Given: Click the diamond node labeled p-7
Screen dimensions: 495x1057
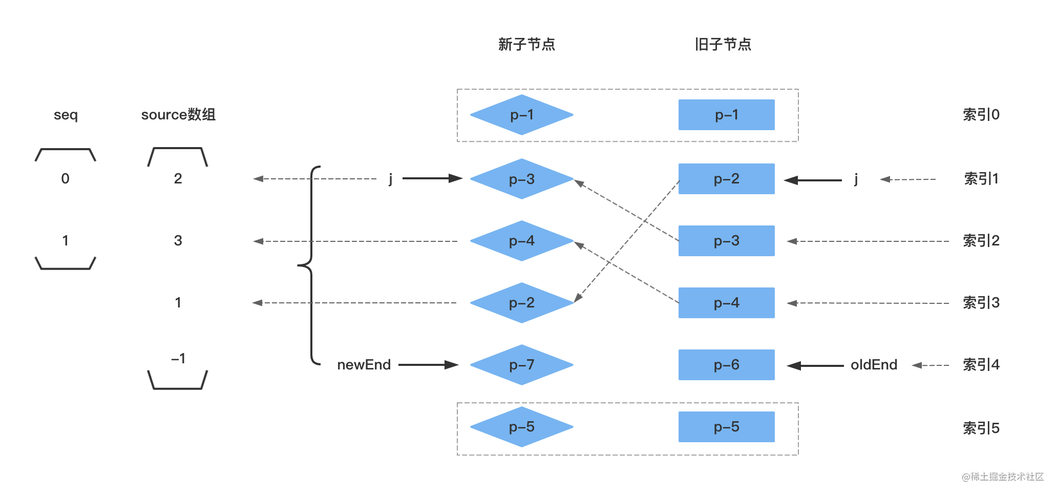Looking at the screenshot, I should pyautogui.click(x=521, y=365).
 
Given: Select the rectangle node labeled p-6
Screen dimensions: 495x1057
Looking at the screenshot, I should pyautogui.click(x=726, y=365).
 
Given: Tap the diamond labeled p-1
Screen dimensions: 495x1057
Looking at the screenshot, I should pyautogui.click(x=521, y=115).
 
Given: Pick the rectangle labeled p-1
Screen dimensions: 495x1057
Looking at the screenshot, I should pyautogui.click(x=726, y=115).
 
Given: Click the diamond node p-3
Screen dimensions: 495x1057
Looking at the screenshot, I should pyautogui.click(x=521, y=179).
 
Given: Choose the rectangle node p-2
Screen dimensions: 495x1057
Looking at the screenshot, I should pyautogui.click(x=726, y=179).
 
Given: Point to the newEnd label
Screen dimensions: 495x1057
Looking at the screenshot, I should pyautogui.click(x=364, y=365).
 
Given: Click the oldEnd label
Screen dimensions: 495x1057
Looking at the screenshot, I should pyautogui.click(x=874, y=365).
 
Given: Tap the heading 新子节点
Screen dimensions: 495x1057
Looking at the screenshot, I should pyautogui.click(x=526, y=45).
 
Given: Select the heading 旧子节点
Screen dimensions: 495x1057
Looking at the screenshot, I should pyautogui.click(x=723, y=45).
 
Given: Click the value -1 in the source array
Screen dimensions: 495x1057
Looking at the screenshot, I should pyautogui.click(x=178, y=359).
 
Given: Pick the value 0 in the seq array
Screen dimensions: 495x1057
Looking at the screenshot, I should pyautogui.click(x=65, y=179).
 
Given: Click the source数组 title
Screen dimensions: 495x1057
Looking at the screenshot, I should pyautogui.click(x=178, y=115).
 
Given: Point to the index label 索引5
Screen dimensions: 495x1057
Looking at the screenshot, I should pyautogui.click(x=981, y=428).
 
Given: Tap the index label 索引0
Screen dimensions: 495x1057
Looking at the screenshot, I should pyautogui.click(x=981, y=115).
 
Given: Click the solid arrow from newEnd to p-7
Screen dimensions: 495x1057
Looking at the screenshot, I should pyautogui.click(x=428, y=365).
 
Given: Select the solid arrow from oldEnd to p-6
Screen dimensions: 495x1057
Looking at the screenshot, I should pyautogui.click(x=815, y=365).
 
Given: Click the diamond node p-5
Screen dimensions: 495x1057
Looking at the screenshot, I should pyautogui.click(x=521, y=427).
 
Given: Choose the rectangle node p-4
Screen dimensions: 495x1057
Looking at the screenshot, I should pyautogui.click(x=726, y=303).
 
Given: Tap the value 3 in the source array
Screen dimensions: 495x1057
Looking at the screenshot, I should pyautogui.click(x=178, y=241).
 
